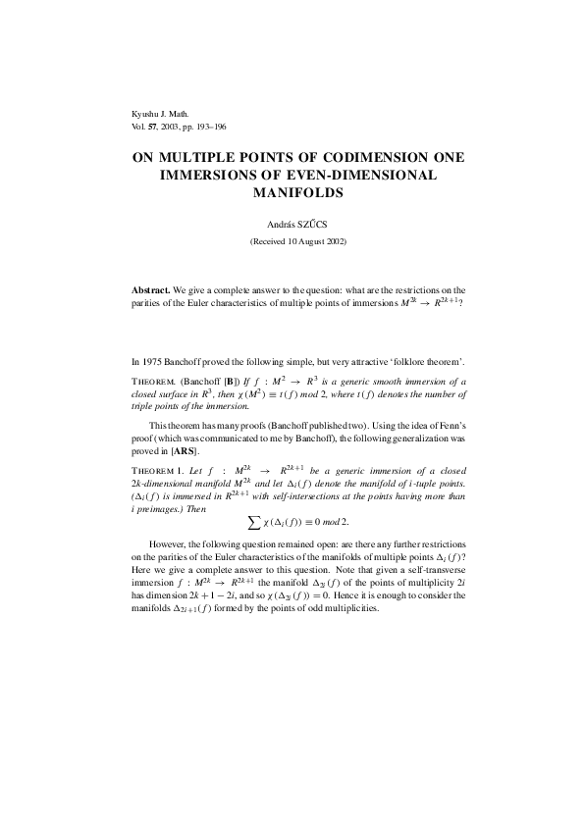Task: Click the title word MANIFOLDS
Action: click(292, 192)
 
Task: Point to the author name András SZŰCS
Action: click(292, 224)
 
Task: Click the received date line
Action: click(292, 240)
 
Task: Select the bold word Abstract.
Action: click(151, 290)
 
